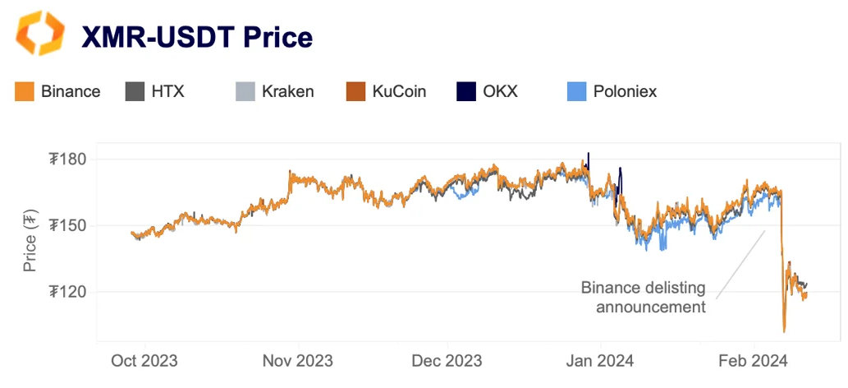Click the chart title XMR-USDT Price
point(196,37)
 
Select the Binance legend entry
point(57,91)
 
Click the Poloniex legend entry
point(612,91)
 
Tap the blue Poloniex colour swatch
point(577,91)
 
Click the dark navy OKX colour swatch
point(465,91)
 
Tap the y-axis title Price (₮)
point(30,241)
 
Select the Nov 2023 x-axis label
point(297,361)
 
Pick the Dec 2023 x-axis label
point(447,361)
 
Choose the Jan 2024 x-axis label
point(599,361)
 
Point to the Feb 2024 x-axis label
point(752,361)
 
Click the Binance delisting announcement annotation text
point(643,298)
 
